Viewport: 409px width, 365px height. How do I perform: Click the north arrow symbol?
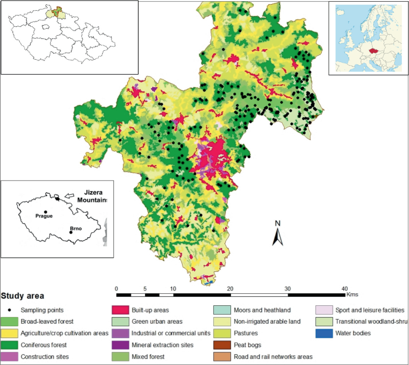tap(277, 238)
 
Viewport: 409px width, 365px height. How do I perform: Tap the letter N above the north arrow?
tap(277, 224)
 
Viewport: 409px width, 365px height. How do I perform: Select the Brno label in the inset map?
tap(75, 228)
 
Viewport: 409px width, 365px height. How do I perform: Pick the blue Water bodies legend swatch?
tap(324, 333)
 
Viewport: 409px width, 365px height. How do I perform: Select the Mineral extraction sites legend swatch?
tap(121, 345)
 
